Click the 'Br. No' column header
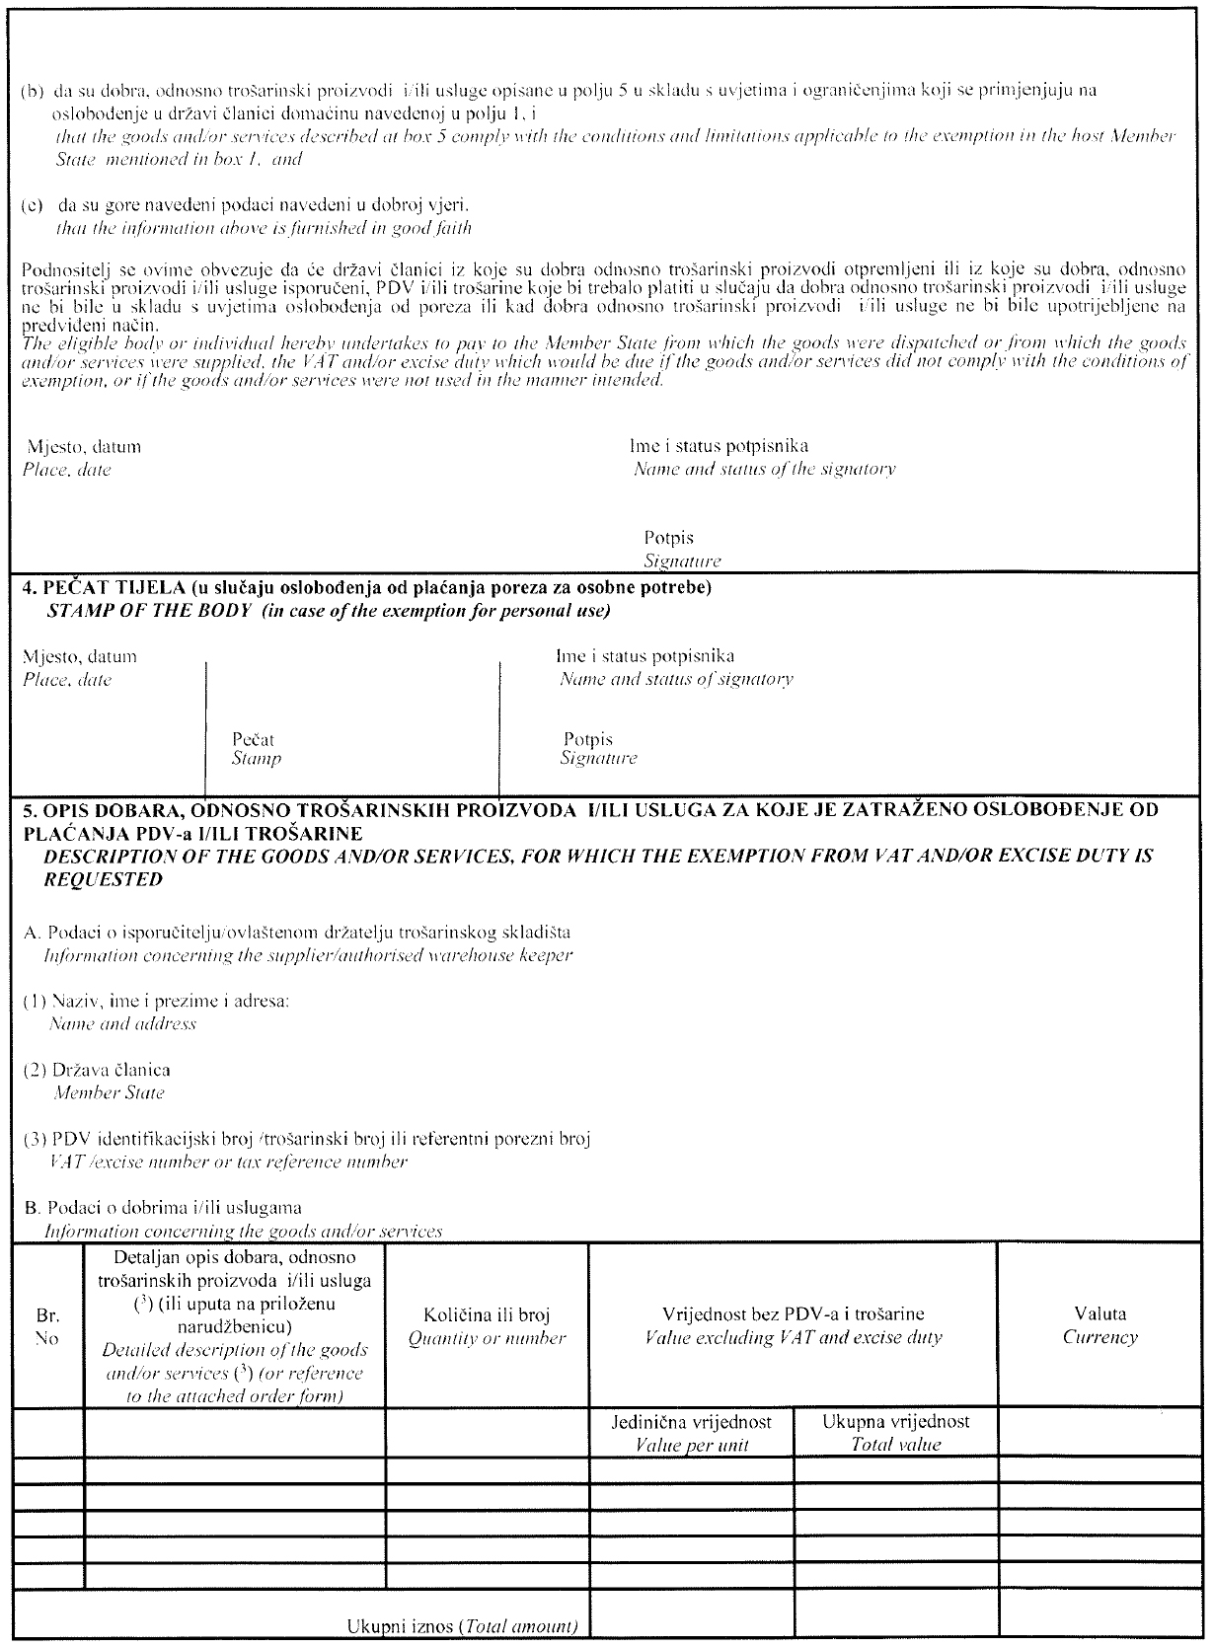pyautogui.click(x=47, y=1327)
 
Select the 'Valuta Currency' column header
pyautogui.click(x=1099, y=1325)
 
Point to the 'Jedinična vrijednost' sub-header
pyautogui.click(x=692, y=1422)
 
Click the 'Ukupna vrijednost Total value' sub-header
pyautogui.click(x=895, y=1432)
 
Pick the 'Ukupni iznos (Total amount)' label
pyautogui.click(x=462, y=1626)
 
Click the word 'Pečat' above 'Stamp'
pyautogui.click(x=253, y=739)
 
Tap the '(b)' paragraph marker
pyautogui.click(x=34, y=91)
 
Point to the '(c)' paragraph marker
pyautogui.click(x=34, y=205)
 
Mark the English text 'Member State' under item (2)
pyautogui.click(x=109, y=1092)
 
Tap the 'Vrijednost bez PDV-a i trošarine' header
pyautogui.click(x=793, y=1313)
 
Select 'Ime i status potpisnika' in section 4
pyautogui.click(x=644, y=655)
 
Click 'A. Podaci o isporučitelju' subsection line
pyautogui.click(x=296, y=932)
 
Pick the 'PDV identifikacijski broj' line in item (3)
pyautogui.click(x=306, y=1139)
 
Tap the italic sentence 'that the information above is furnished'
pyautogui.click(x=262, y=228)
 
